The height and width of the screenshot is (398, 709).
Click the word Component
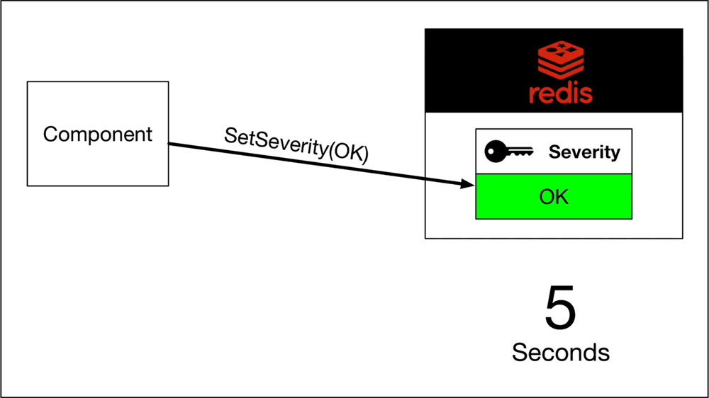(x=98, y=134)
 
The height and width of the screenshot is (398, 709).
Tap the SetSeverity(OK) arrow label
(x=296, y=144)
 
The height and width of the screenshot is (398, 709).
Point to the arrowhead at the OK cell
(x=468, y=185)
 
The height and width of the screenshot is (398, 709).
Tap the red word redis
(x=560, y=93)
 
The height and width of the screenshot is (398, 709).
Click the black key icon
(x=507, y=152)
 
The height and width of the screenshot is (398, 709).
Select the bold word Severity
(x=584, y=152)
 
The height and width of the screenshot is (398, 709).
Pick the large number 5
(x=560, y=308)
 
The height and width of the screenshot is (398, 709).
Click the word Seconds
(x=560, y=352)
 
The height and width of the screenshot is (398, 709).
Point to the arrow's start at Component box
(x=171, y=144)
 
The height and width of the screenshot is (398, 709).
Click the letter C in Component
(x=50, y=134)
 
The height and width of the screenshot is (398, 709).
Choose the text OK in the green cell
(x=554, y=196)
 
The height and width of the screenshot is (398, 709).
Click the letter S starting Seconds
(x=519, y=352)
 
